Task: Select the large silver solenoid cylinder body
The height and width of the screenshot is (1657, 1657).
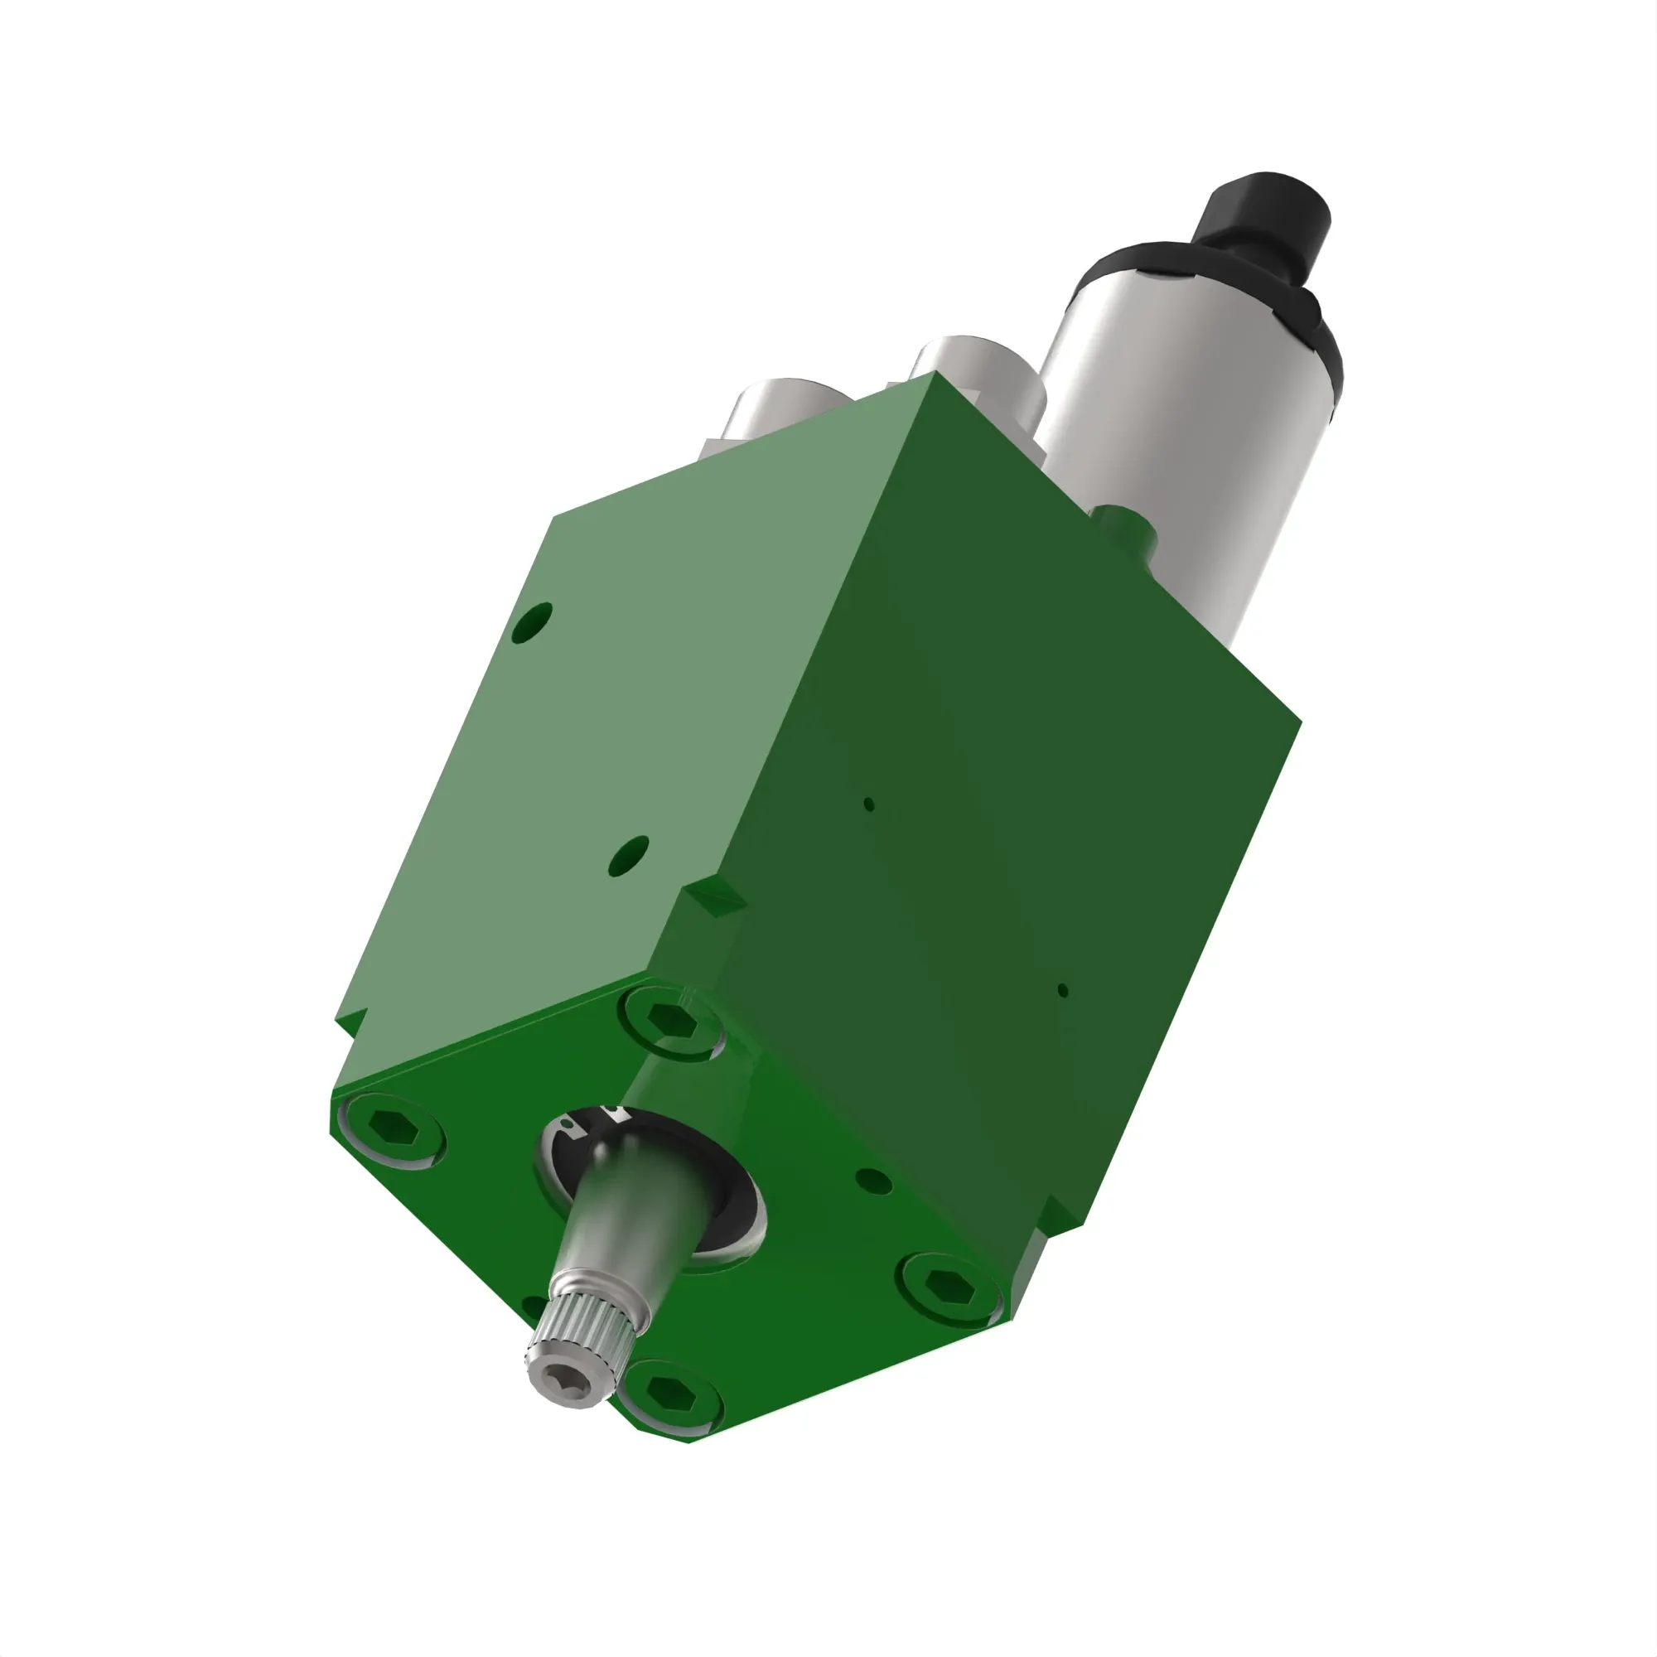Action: click(x=1184, y=429)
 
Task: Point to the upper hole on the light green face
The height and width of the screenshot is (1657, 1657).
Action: click(x=532, y=624)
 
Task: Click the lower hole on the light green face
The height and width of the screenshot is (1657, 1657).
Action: click(x=629, y=855)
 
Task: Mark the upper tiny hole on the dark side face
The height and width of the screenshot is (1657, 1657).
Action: click(x=869, y=804)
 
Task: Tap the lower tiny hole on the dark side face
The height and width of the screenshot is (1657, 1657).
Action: click(x=1063, y=991)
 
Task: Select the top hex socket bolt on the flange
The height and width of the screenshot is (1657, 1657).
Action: click(x=672, y=1021)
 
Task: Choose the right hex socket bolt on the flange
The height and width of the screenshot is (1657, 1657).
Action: click(x=949, y=1287)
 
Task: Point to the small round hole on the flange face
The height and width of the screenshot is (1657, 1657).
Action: click(x=874, y=1183)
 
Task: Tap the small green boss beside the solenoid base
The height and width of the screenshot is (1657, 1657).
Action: click(x=1123, y=523)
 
